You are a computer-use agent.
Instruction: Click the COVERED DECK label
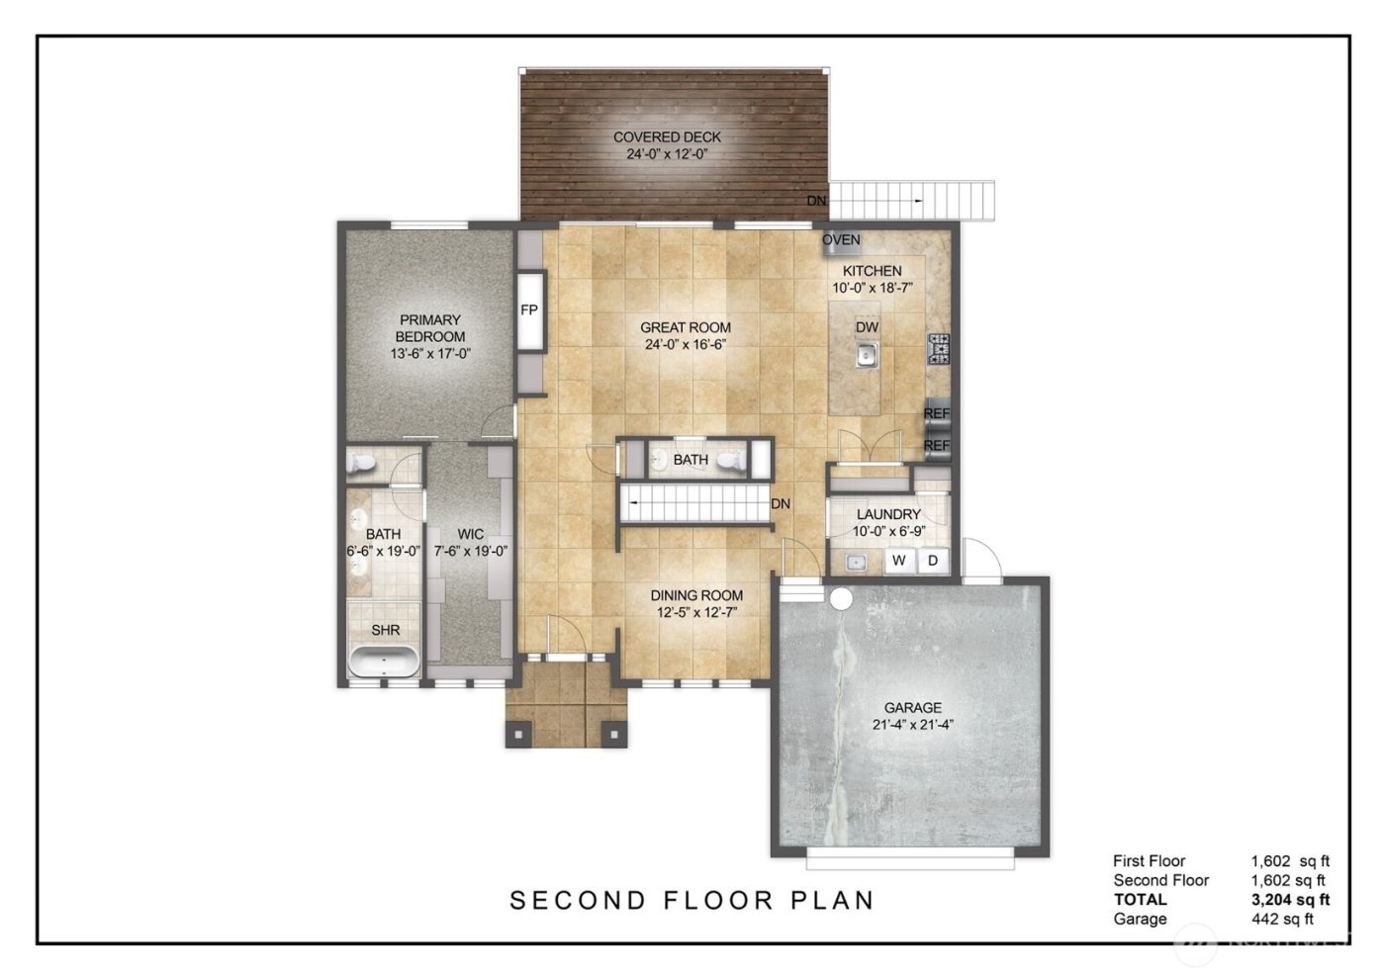coord(667,137)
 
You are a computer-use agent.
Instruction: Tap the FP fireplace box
coord(529,311)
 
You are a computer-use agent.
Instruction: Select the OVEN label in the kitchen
coord(841,240)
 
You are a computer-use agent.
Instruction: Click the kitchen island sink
coord(867,354)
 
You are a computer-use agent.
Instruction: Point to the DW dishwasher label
coord(867,327)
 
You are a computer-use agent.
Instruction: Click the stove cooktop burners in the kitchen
coord(938,350)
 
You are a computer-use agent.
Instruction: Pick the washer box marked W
coord(899,561)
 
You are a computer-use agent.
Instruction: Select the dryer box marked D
coord(932,561)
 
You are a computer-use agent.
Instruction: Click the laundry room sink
coord(857,562)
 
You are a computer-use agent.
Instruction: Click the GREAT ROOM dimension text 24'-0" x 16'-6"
coord(686,345)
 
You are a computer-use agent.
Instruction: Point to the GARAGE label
coord(912,708)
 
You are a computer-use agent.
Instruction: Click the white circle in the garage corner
coord(841,599)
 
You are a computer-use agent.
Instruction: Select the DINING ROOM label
coord(696,595)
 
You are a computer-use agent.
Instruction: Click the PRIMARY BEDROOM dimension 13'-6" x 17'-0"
coord(430,353)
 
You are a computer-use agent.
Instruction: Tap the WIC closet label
coord(470,535)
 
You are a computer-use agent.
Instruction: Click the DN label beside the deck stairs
coord(816,201)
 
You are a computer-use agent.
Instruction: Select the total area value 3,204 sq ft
coord(1290,900)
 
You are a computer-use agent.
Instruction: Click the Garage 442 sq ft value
coord(1282,919)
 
